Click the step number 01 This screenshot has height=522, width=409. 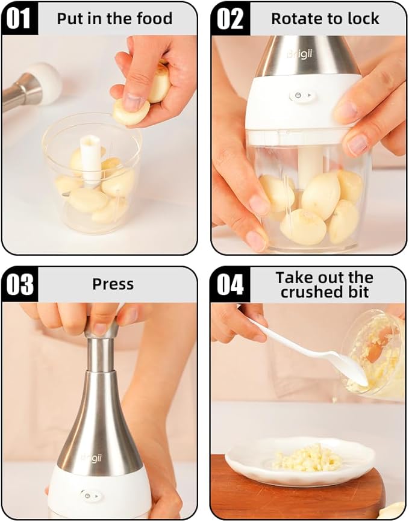pos(19,19)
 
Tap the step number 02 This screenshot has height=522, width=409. pos(229,19)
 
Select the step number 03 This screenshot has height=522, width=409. pos(19,284)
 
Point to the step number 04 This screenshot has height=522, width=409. pos(229,284)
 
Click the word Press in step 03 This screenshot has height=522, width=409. pos(113,284)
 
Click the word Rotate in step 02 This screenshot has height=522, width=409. pos(295,19)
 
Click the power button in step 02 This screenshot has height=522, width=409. pos(296,95)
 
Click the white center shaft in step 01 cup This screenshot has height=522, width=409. pos(91,157)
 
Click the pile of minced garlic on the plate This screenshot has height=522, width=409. pos(306,458)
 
